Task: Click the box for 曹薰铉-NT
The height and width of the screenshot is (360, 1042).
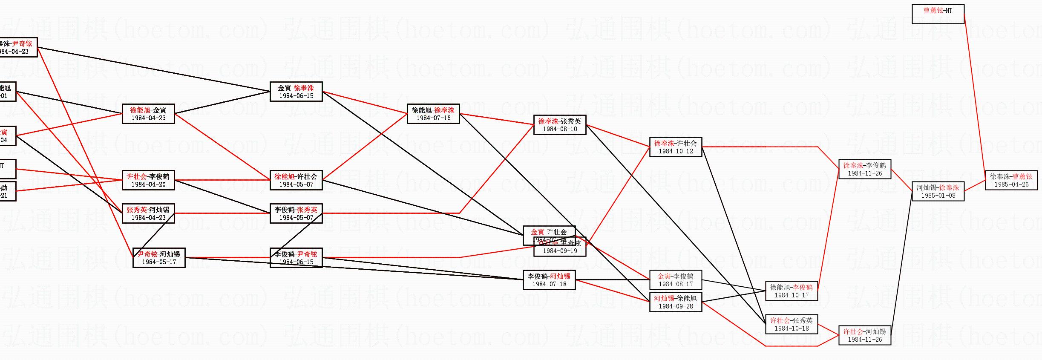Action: pos(938,14)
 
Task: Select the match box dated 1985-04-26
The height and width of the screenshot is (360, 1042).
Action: pos(1011,180)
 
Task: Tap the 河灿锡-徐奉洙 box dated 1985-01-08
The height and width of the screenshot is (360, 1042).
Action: pos(938,191)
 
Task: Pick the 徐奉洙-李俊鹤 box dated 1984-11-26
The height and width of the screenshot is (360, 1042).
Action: pos(864,169)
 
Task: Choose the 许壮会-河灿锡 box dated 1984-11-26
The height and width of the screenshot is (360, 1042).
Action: pos(864,335)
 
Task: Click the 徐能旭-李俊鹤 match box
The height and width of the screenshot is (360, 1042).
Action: pos(791,291)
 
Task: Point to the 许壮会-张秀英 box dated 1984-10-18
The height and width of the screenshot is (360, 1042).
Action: pos(791,324)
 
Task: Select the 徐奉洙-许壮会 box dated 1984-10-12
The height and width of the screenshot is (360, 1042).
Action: pos(675,147)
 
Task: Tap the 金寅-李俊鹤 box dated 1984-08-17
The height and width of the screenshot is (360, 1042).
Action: pos(675,280)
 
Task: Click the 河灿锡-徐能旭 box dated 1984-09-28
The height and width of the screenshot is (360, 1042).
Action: pos(675,302)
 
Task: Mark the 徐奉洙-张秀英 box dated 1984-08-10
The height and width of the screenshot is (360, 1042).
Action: pos(559,125)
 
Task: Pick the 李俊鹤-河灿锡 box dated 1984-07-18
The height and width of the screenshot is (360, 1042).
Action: pos(549,280)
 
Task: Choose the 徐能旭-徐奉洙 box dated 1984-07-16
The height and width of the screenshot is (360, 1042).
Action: pos(433,114)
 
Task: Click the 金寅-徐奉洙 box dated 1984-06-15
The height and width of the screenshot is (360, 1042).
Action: pos(296,92)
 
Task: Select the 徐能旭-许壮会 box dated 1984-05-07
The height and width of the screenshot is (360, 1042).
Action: pos(296,180)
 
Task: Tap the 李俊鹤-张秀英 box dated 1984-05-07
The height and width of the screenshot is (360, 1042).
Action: pos(296,213)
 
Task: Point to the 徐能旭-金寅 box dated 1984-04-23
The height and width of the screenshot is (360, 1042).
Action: pos(148,114)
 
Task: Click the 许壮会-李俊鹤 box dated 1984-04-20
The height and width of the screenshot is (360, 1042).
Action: pos(148,180)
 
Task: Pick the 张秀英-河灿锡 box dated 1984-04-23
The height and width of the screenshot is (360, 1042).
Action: pos(148,213)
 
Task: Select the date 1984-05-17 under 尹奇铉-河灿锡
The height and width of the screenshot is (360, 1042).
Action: pos(159,262)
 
